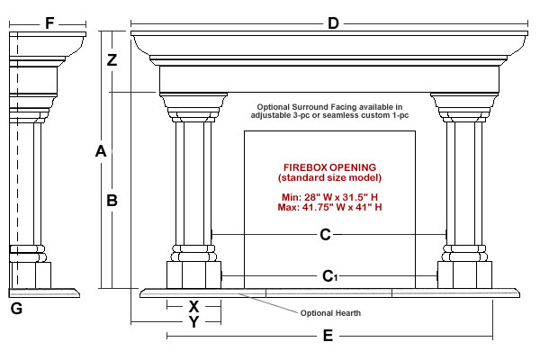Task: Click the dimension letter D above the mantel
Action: pyautogui.click(x=333, y=22)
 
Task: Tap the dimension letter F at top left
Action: pyautogui.click(x=49, y=22)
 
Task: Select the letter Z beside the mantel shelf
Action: pyautogui.click(x=112, y=61)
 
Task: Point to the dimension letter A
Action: pyautogui.click(x=101, y=153)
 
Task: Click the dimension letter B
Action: pyautogui.click(x=112, y=202)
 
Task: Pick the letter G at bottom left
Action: pyautogui.click(x=15, y=310)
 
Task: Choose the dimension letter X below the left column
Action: pyautogui.click(x=193, y=306)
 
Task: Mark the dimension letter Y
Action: pyautogui.click(x=193, y=321)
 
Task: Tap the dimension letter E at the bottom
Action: pyautogui.click(x=328, y=337)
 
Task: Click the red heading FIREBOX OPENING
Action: pyautogui.click(x=329, y=168)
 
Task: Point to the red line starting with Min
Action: pyautogui.click(x=329, y=197)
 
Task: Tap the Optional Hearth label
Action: pyautogui.click(x=330, y=313)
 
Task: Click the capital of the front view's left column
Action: pyautogui.click(x=193, y=103)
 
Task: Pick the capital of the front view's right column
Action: pyautogui.click(x=465, y=103)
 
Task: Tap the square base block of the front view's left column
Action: pyautogui.click(x=193, y=274)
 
